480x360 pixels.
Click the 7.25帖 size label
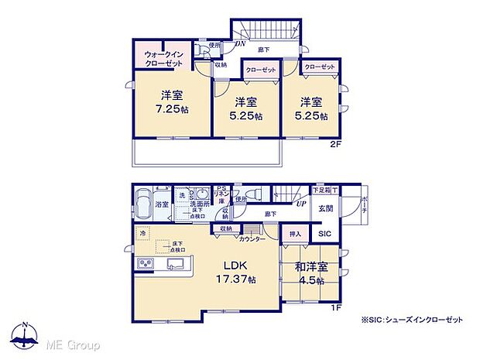172,109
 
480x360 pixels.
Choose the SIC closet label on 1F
324,234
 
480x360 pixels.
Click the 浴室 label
163,205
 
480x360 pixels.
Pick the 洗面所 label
199,204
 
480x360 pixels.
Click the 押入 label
295,232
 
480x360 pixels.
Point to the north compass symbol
26,335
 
